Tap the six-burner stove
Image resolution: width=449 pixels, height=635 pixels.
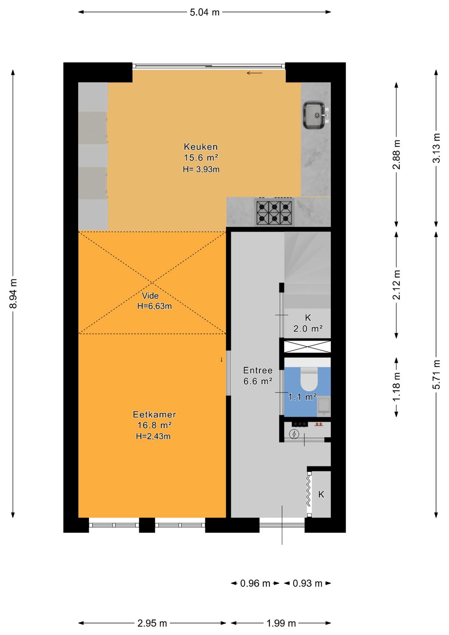tap(274, 212)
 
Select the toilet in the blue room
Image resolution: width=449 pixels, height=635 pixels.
tap(308, 379)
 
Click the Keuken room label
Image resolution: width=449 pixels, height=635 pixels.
tap(201, 146)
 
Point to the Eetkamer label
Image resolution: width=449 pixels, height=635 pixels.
tap(155, 415)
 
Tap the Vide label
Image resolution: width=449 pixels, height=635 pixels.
tap(150, 296)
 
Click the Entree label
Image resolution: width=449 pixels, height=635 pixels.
tap(258, 370)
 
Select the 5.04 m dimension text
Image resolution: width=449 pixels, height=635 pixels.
tap(205, 12)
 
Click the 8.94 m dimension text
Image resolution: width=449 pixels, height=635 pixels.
tap(13, 293)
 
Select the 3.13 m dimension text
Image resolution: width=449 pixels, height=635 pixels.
tap(436, 148)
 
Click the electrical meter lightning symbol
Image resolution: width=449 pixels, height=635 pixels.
tap(294, 434)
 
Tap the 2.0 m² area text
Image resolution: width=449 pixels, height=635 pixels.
tap(308, 329)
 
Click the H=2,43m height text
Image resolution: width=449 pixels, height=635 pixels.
tap(153, 436)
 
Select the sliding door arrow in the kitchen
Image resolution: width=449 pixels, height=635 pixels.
tap(254, 73)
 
